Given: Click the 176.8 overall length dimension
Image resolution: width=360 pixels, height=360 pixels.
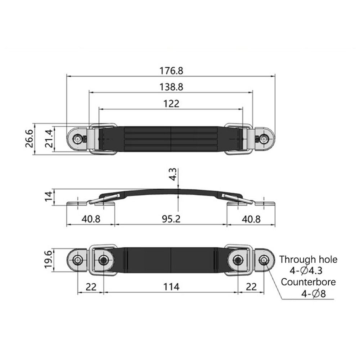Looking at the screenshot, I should (x=171, y=71).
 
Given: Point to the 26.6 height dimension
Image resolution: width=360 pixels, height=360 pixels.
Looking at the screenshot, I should (x=30, y=139).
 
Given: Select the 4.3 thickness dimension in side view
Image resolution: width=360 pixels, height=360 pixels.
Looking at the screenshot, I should (x=173, y=174).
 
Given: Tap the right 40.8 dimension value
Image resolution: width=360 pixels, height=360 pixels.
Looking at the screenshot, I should (x=251, y=219).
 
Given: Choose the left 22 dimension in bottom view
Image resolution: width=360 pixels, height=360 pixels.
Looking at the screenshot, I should (x=91, y=287).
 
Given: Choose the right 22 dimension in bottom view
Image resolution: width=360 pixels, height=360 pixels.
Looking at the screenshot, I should (x=251, y=287).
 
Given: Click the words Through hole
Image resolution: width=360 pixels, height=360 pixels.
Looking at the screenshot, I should (x=308, y=259).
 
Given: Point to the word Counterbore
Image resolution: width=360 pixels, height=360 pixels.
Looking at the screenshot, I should (x=308, y=282).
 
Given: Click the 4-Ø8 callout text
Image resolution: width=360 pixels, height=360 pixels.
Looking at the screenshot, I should (x=313, y=294).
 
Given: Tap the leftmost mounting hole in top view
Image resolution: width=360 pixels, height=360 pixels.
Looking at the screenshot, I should (x=77, y=139).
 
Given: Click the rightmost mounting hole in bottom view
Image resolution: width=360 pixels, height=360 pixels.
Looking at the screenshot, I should (x=265, y=260).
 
